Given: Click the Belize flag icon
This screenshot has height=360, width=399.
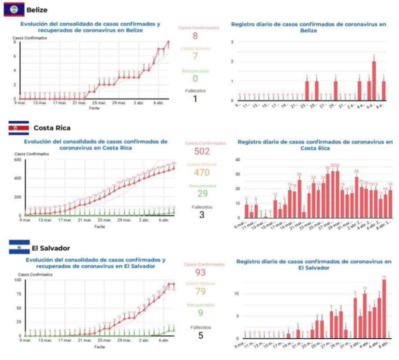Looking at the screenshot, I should point(14,10).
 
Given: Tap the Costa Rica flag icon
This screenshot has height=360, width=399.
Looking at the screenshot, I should point(18,128).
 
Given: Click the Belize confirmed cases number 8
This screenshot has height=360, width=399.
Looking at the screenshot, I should point(195,36).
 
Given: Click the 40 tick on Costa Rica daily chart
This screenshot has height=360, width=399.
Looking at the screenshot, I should point(237,159).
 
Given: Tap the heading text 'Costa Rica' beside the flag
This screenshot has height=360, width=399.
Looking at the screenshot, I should point(52,128).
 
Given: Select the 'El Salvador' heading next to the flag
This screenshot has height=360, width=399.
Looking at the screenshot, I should point(51,248).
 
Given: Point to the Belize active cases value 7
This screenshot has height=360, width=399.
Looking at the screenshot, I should point(195,56).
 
